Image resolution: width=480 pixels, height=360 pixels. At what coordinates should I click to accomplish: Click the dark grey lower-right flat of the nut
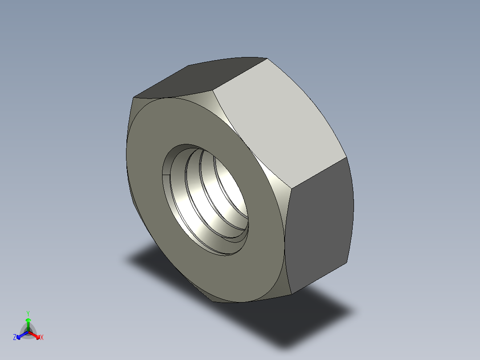click(x=318, y=223)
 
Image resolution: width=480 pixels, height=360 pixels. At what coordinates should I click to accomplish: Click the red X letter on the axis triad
click(x=42, y=338)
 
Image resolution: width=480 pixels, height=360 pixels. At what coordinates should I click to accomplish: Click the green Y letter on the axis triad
click(x=28, y=313)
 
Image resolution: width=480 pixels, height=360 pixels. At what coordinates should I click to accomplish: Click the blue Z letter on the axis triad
click(x=15, y=338)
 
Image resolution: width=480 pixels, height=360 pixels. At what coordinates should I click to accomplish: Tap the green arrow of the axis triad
click(x=28, y=322)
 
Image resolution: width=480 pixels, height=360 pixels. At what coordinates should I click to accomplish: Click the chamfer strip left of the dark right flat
click(x=283, y=232)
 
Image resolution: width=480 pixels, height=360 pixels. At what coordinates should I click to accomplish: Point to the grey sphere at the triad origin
click(x=28, y=332)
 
